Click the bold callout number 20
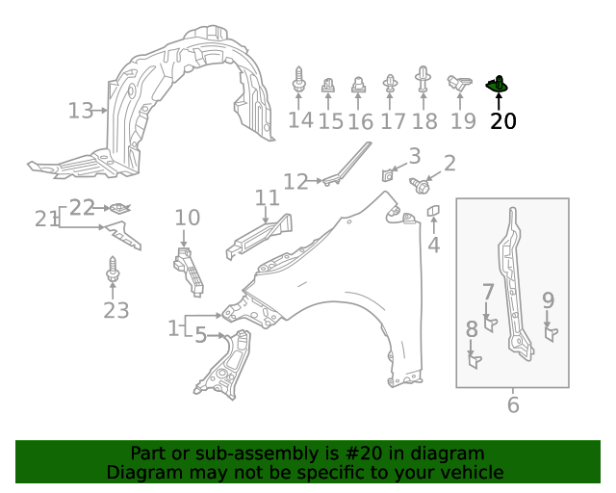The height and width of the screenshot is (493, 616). tap(502, 121)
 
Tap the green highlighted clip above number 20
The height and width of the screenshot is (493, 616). tap(498, 87)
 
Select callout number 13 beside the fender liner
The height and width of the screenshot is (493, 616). tap(81, 111)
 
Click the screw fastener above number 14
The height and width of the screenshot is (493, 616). tap(299, 82)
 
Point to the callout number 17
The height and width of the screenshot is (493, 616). tap(393, 121)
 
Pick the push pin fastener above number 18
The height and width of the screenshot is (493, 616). tap(423, 80)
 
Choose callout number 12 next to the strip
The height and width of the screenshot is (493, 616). tap(295, 181)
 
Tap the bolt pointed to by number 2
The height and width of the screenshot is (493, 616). tap(421, 185)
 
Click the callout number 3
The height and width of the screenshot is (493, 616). tap(414, 156)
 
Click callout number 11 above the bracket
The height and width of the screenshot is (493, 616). tap(267, 198)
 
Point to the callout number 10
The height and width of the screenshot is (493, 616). tap(187, 218)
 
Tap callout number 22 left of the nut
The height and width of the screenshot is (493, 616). tap(82, 207)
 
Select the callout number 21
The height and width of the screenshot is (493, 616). tap(46, 220)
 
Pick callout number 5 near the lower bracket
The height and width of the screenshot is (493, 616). tap(200, 335)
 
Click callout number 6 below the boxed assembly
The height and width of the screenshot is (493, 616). tap(512, 405)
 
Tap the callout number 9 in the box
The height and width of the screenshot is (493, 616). tap(548, 300)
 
